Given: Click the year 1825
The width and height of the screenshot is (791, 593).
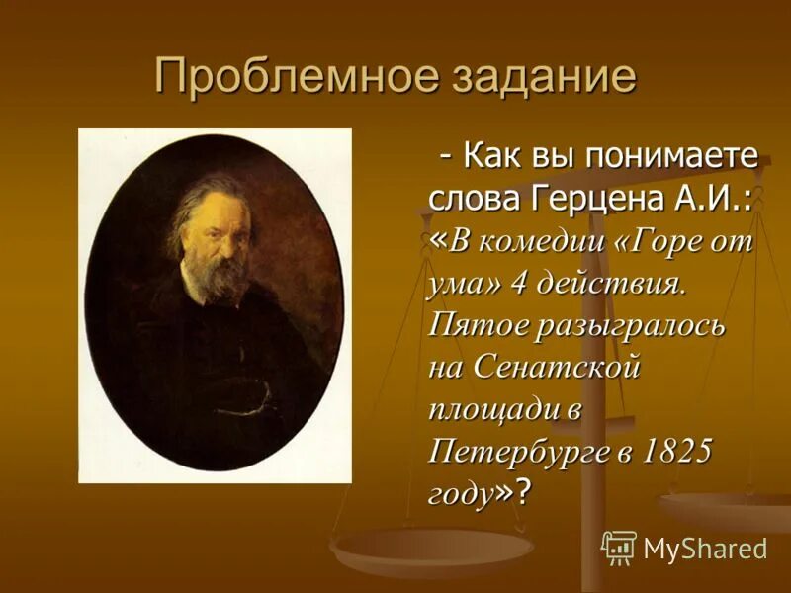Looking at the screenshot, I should point(677,452).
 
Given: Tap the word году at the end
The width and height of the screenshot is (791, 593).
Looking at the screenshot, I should point(461,492).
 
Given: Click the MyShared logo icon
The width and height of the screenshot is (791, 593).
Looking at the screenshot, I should point(619,547).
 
